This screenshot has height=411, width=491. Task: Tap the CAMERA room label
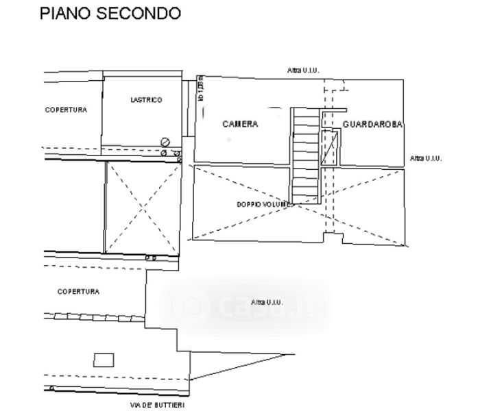coord(241,124)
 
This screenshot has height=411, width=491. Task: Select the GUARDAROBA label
coord(372,125)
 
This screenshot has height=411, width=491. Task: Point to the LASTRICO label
coord(146,100)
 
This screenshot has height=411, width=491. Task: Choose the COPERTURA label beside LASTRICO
coord(66,110)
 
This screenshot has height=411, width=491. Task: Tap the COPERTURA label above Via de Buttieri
coord(78,291)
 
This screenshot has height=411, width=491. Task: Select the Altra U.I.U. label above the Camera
coord(304,70)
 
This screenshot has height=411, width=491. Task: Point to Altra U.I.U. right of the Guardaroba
coord(426,158)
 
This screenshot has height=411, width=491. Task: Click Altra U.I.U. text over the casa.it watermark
coord(267,302)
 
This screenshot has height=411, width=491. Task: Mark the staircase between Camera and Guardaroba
coord(306,156)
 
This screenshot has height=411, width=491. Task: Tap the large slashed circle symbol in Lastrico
coord(165,141)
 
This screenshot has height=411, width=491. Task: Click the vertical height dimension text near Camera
coord(202,90)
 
